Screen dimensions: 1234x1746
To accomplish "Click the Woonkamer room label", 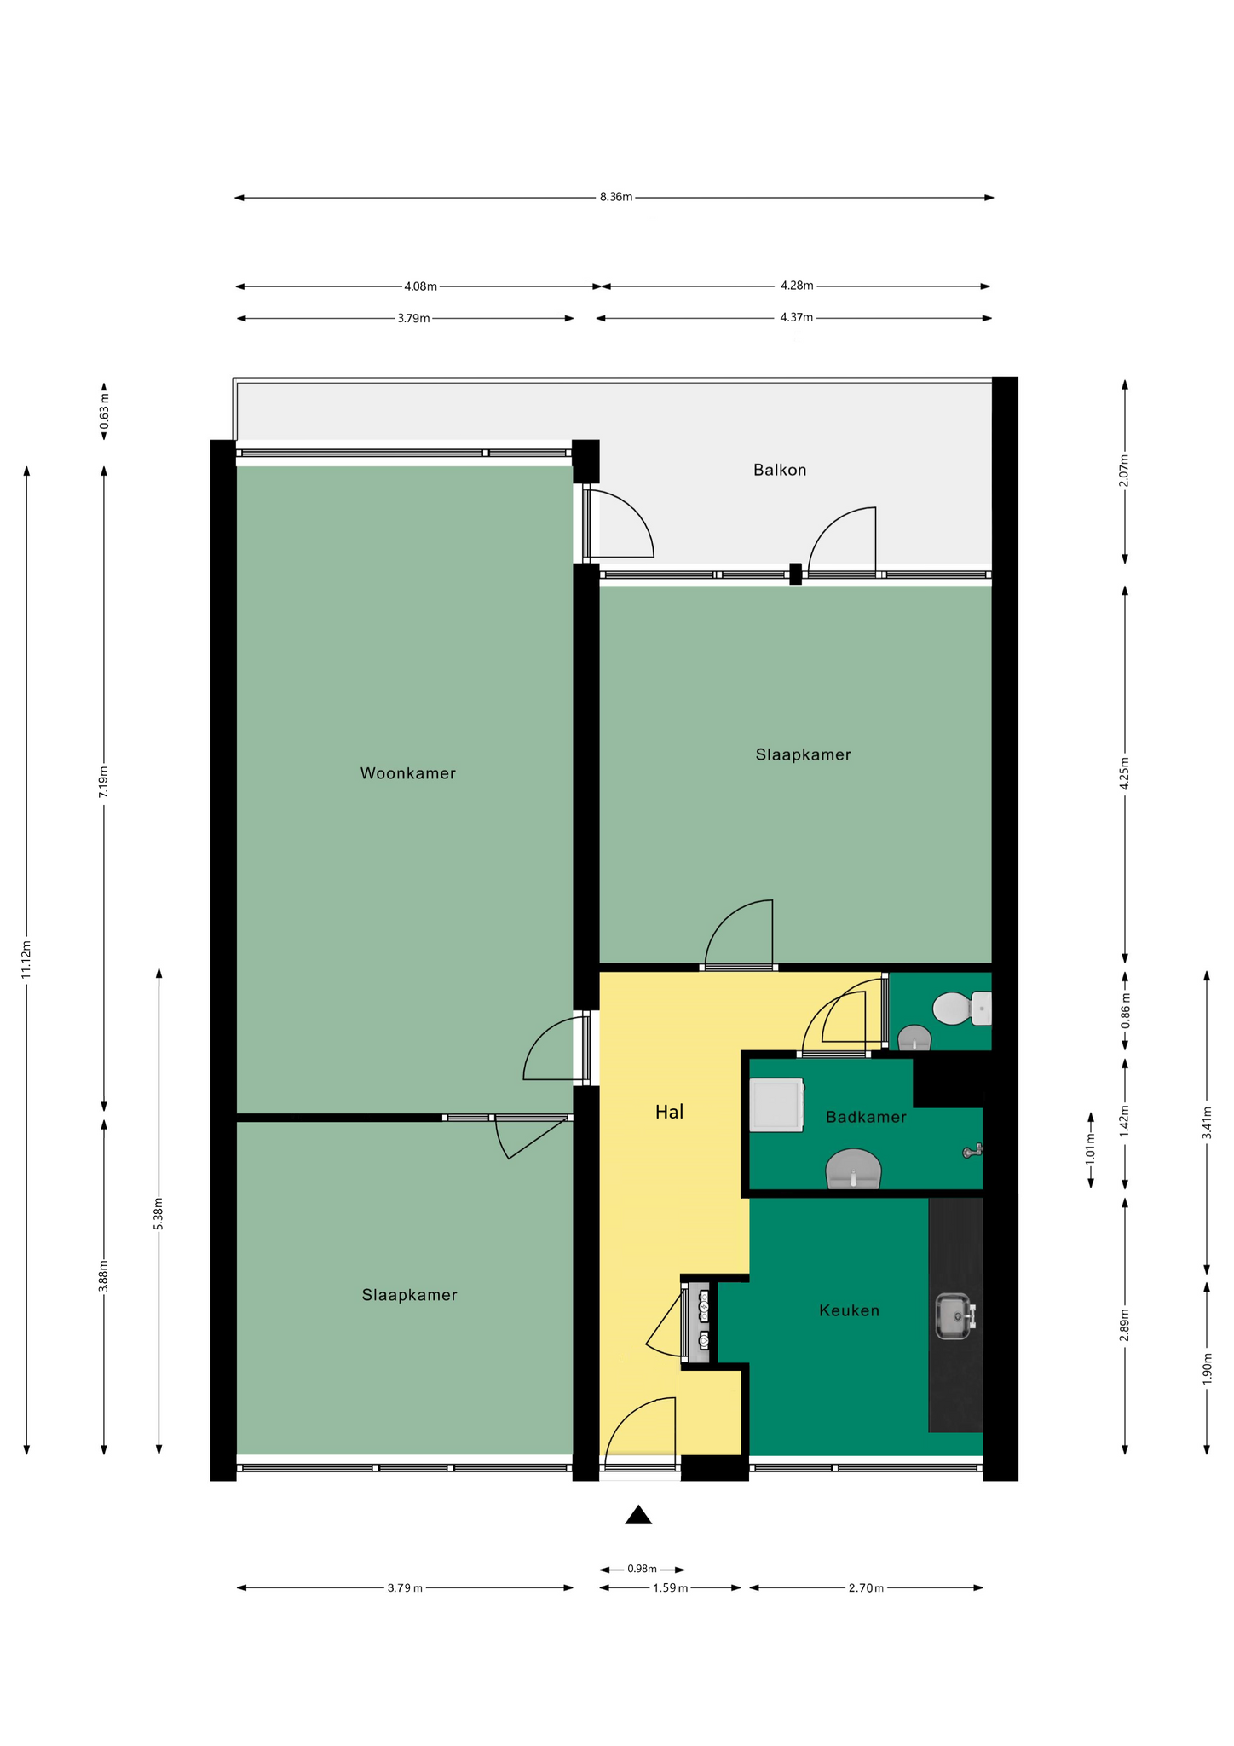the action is click(x=407, y=773).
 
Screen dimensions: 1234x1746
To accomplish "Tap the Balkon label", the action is click(x=779, y=470).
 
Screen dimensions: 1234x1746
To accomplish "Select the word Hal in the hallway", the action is click(x=669, y=1112).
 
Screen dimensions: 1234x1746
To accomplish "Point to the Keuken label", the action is click(x=849, y=1310).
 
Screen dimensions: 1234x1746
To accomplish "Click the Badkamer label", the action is click(x=866, y=1117).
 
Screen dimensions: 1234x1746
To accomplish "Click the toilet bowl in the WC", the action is click(x=962, y=1009).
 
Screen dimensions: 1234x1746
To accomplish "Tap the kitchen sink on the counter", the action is click(x=955, y=1317).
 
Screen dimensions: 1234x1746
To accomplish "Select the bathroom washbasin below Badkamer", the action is click(x=854, y=1169).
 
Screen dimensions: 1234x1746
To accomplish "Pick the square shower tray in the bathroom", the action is click(x=776, y=1106).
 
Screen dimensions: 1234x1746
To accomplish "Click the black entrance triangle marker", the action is click(x=638, y=1514).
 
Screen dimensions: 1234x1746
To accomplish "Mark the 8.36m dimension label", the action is click(x=615, y=198).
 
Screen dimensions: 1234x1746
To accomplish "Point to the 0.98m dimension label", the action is click(x=642, y=1569).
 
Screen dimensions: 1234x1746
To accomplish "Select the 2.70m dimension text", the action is click(x=866, y=1587).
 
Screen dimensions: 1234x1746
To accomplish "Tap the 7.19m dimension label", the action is click(x=104, y=782).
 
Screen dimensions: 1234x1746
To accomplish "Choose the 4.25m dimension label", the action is click(x=1125, y=774).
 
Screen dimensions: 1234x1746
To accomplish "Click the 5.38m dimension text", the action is click(x=159, y=1213).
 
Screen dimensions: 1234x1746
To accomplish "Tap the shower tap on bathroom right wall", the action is click(x=972, y=1152).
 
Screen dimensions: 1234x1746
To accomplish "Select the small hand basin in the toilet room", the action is click(x=914, y=1038).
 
